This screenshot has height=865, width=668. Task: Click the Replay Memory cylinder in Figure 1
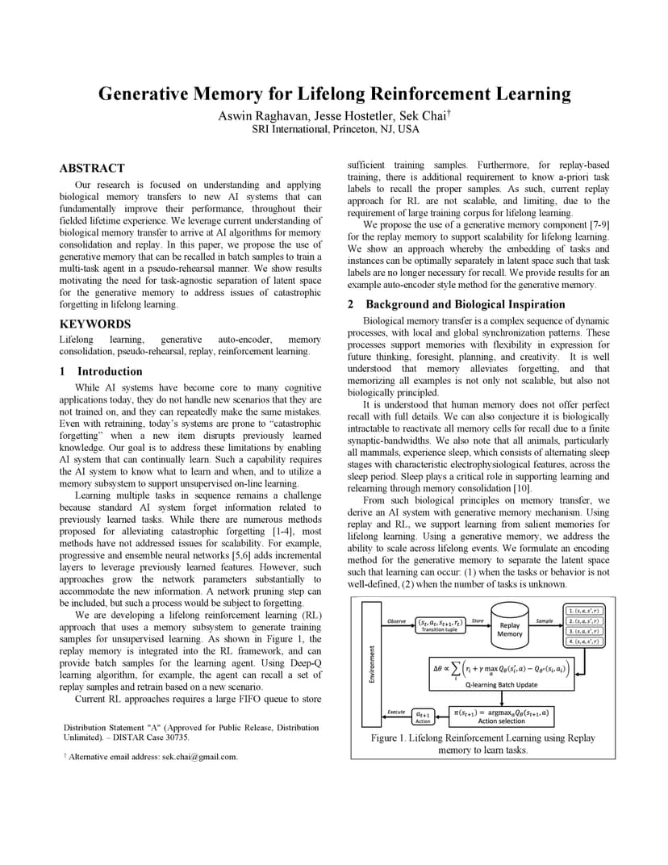(510, 628)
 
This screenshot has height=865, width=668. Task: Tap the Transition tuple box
(440, 625)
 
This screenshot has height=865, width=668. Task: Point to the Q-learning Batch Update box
(501, 673)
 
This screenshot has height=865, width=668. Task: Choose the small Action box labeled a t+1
(423, 717)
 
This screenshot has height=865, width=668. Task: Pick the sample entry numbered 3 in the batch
(584, 631)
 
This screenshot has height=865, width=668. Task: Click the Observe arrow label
(397, 621)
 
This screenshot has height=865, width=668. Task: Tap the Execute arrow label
(396, 712)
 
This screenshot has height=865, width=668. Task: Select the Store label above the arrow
(478, 621)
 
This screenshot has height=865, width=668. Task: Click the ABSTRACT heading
(92, 168)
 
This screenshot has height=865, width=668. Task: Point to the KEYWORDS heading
(95, 324)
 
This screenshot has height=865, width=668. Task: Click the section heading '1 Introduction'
(101, 371)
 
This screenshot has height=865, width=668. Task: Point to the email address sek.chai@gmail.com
(199, 757)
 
